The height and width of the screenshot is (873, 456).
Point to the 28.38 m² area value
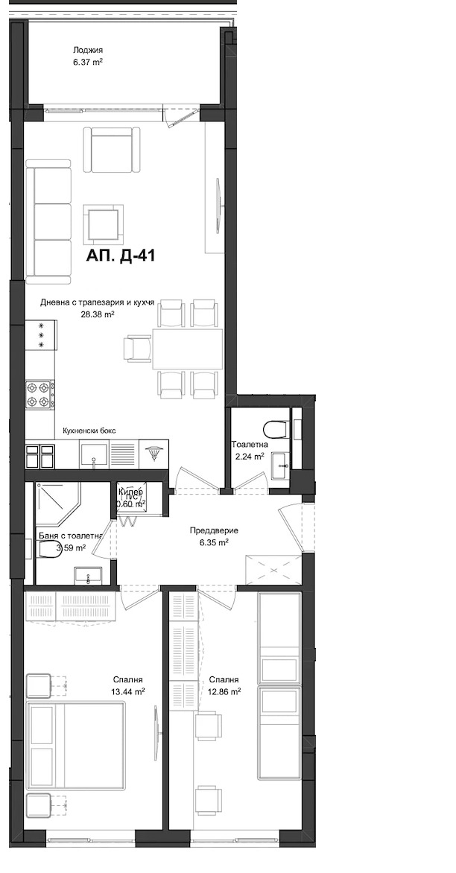click(97, 314)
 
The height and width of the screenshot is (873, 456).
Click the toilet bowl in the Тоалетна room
click(275, 429)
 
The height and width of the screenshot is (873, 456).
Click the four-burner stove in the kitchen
click(40, 394)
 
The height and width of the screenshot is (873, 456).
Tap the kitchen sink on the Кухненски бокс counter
click(95, 454)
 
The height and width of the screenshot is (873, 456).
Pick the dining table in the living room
click(187, 349)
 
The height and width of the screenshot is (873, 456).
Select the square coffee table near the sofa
click(101, 221)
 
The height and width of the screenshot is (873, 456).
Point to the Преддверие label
click(214, 530)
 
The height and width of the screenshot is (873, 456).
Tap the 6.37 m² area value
click(87, 63)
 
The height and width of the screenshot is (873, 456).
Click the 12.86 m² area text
click(224, 692)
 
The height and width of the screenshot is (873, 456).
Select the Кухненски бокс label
click(89, 431)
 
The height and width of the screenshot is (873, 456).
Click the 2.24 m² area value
click(249, 457)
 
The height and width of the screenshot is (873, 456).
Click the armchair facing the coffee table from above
click(112, 148)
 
